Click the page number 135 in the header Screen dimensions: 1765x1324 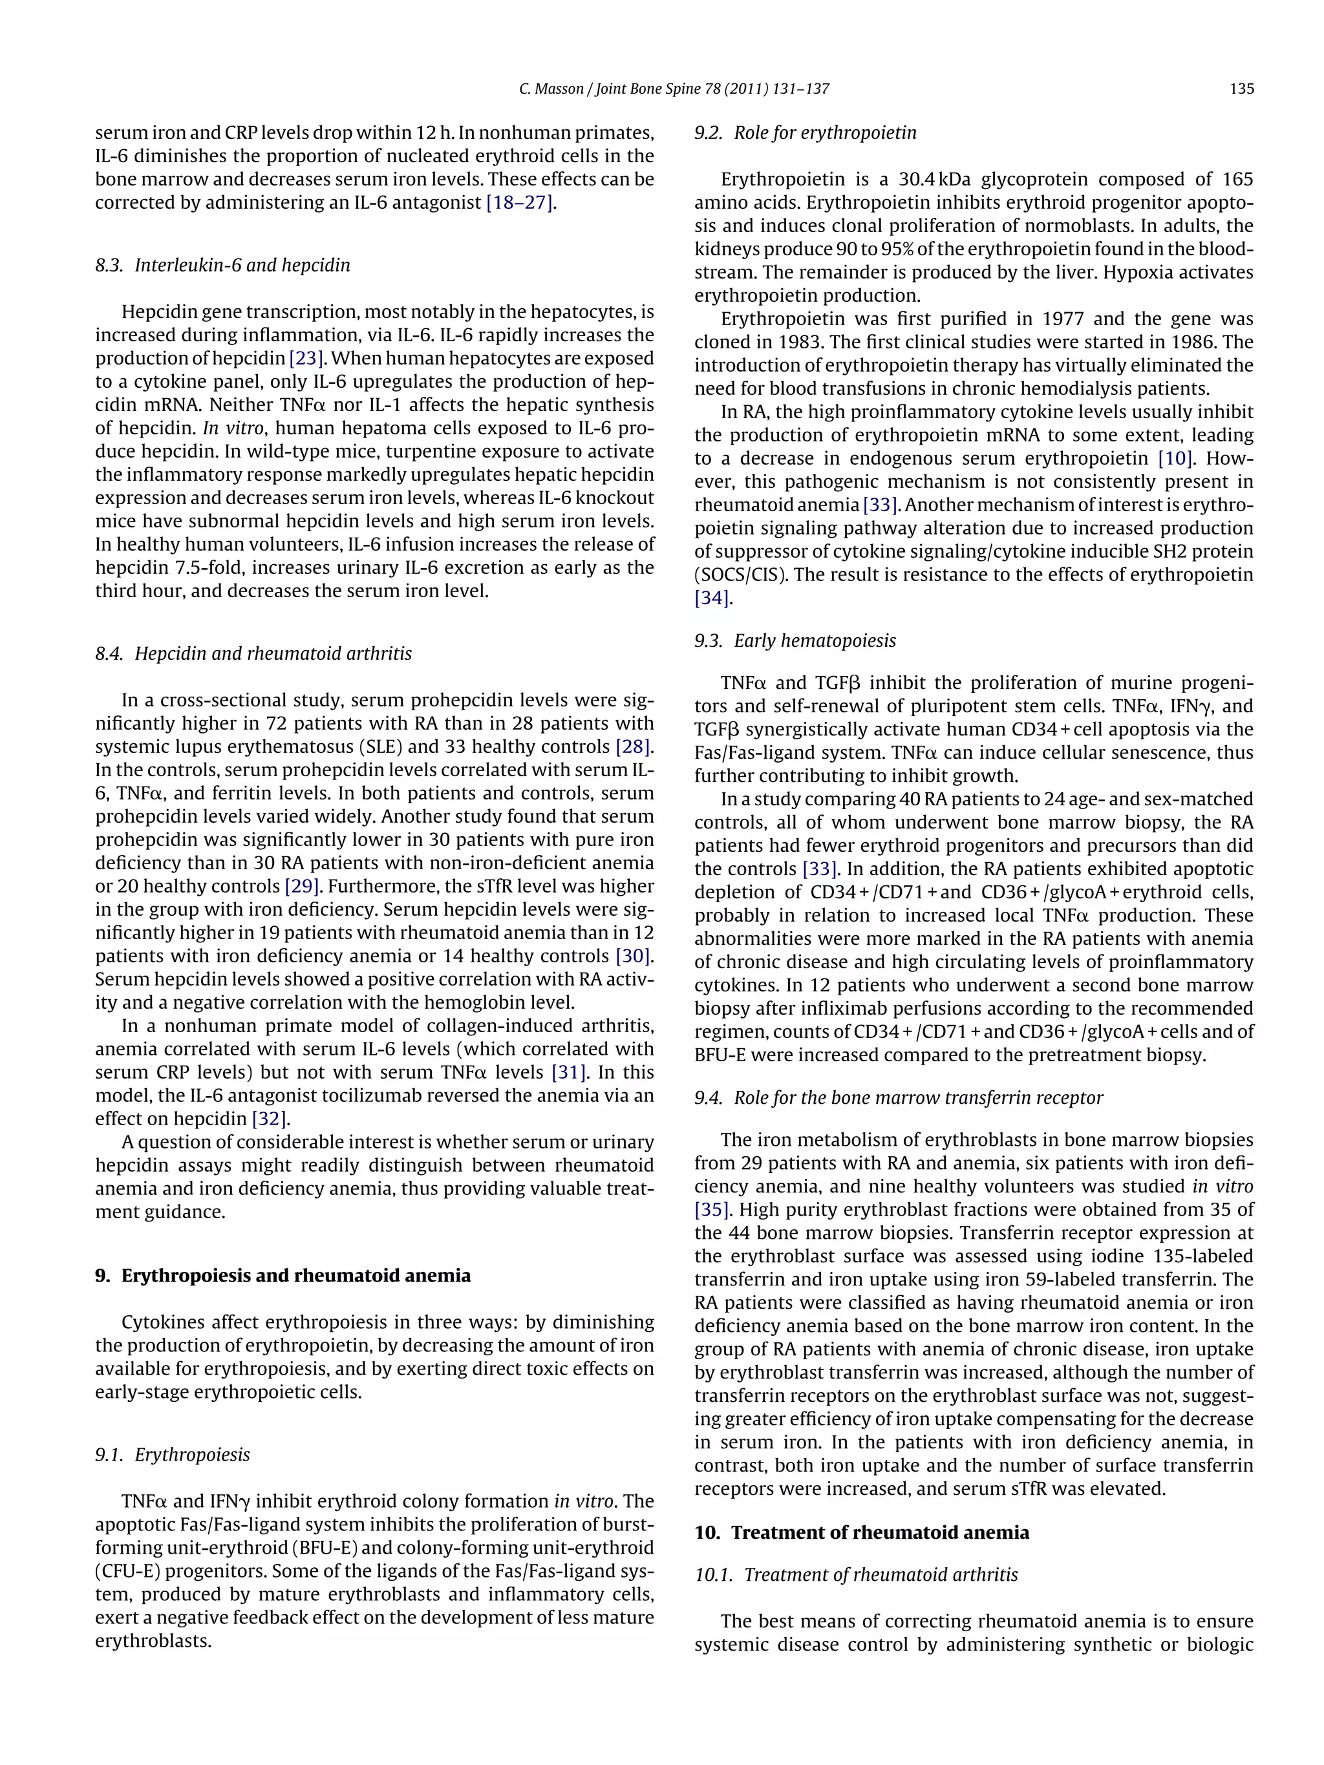click(x=1241, y=89)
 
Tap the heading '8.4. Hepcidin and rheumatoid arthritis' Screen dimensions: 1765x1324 click(x=254, y=653)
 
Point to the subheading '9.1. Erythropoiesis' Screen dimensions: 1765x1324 click(x=173, y=1455)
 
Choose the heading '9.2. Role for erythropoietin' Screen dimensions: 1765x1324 click(x=806, y=132)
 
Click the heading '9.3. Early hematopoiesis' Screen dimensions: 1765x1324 click(x=795, y=640)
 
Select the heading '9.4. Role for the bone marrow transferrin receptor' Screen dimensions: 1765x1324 click(x=899, y=1098)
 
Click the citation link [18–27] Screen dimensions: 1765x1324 click(x=520, y=203)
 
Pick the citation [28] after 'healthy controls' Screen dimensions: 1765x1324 click(x=633, y=747)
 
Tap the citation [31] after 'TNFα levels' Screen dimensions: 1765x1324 click(x=569, y=1072)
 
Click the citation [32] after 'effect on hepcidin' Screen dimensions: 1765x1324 click(x=269, y=1119)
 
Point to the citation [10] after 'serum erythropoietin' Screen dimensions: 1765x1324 click(x=1175, y=459)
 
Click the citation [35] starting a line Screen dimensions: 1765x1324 click(x=711, y=1210)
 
